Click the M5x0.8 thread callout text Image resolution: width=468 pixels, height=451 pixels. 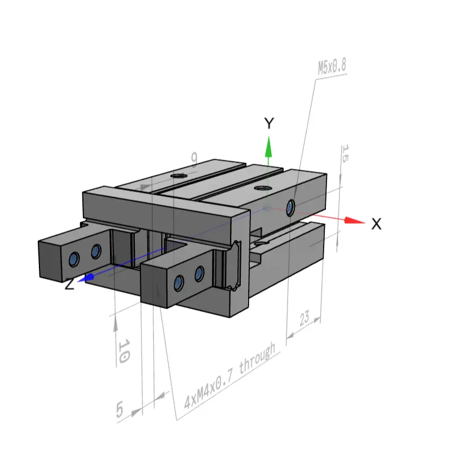click(332, 66)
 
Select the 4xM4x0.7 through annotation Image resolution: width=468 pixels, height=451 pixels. click(229, 376)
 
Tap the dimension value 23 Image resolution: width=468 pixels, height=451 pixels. click(304, 318)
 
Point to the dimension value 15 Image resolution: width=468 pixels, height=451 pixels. click(345, 154)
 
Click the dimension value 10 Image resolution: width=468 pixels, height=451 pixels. click(124, 351)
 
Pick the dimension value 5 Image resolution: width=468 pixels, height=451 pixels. click(120, 409)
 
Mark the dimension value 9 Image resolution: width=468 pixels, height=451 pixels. click(195, 158)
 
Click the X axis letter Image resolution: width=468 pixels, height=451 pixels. click(376, 224)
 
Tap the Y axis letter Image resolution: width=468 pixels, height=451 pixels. click(269, 123)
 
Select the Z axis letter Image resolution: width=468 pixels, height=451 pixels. click(69, 284)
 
